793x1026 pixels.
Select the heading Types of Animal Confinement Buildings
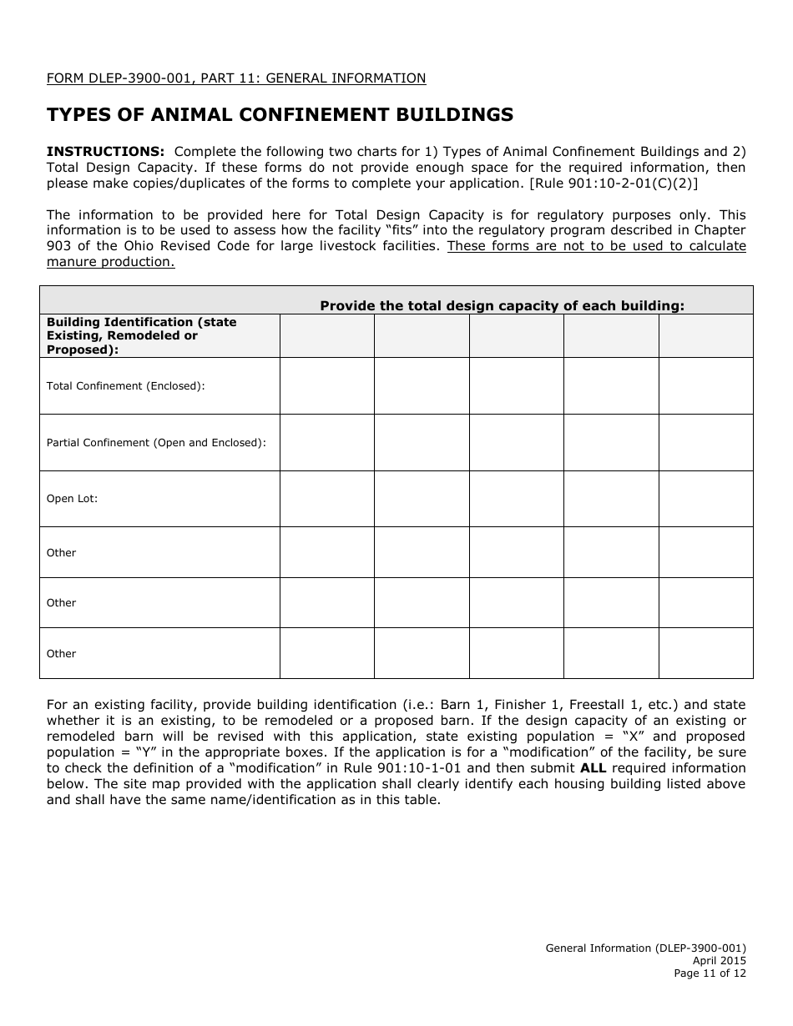(280, 114)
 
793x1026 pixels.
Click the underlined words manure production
(110, 262)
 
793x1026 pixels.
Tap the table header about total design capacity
(502, 306)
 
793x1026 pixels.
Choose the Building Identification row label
(141, 335)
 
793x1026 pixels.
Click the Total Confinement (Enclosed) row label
(125, 386)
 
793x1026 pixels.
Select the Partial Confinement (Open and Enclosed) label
(156, 443)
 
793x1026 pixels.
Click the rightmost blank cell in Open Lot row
(705, 499)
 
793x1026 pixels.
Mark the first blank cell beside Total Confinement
(326, 386)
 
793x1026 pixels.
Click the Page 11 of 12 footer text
(710, 973)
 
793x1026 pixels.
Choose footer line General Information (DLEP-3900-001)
(645, 948)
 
